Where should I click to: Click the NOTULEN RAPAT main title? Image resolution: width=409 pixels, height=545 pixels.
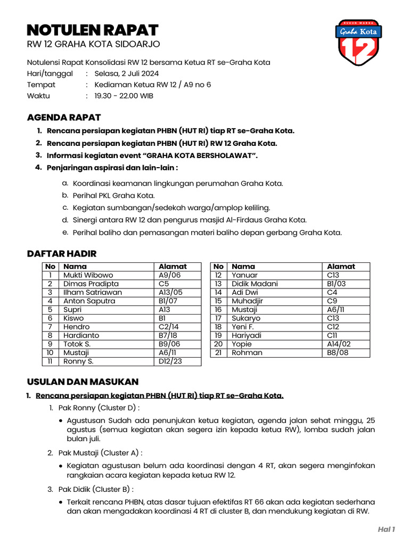point(93,29)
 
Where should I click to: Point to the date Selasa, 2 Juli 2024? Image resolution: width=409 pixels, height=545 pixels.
point(126,73)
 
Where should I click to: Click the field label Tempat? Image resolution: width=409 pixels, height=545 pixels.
point(41,85)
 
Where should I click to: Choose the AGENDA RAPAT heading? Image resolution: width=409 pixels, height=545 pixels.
point(64,117)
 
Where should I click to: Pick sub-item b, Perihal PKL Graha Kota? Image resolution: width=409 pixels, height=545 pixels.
point(113,195)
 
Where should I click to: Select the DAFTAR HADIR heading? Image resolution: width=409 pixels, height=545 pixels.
point(62,253)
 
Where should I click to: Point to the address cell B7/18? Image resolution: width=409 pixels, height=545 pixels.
point(169,335)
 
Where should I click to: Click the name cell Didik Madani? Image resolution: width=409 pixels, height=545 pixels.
point(255,284)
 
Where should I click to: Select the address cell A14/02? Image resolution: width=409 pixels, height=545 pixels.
point(339,344)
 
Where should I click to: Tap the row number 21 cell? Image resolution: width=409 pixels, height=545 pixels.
point(218,352)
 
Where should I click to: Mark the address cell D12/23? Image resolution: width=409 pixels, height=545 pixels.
point(170,361)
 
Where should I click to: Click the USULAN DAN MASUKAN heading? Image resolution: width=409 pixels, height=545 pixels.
point(83,382)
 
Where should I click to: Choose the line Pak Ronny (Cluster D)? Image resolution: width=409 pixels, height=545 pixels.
point(99,408)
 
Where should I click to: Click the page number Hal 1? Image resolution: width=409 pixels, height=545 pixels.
point(386,529)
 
